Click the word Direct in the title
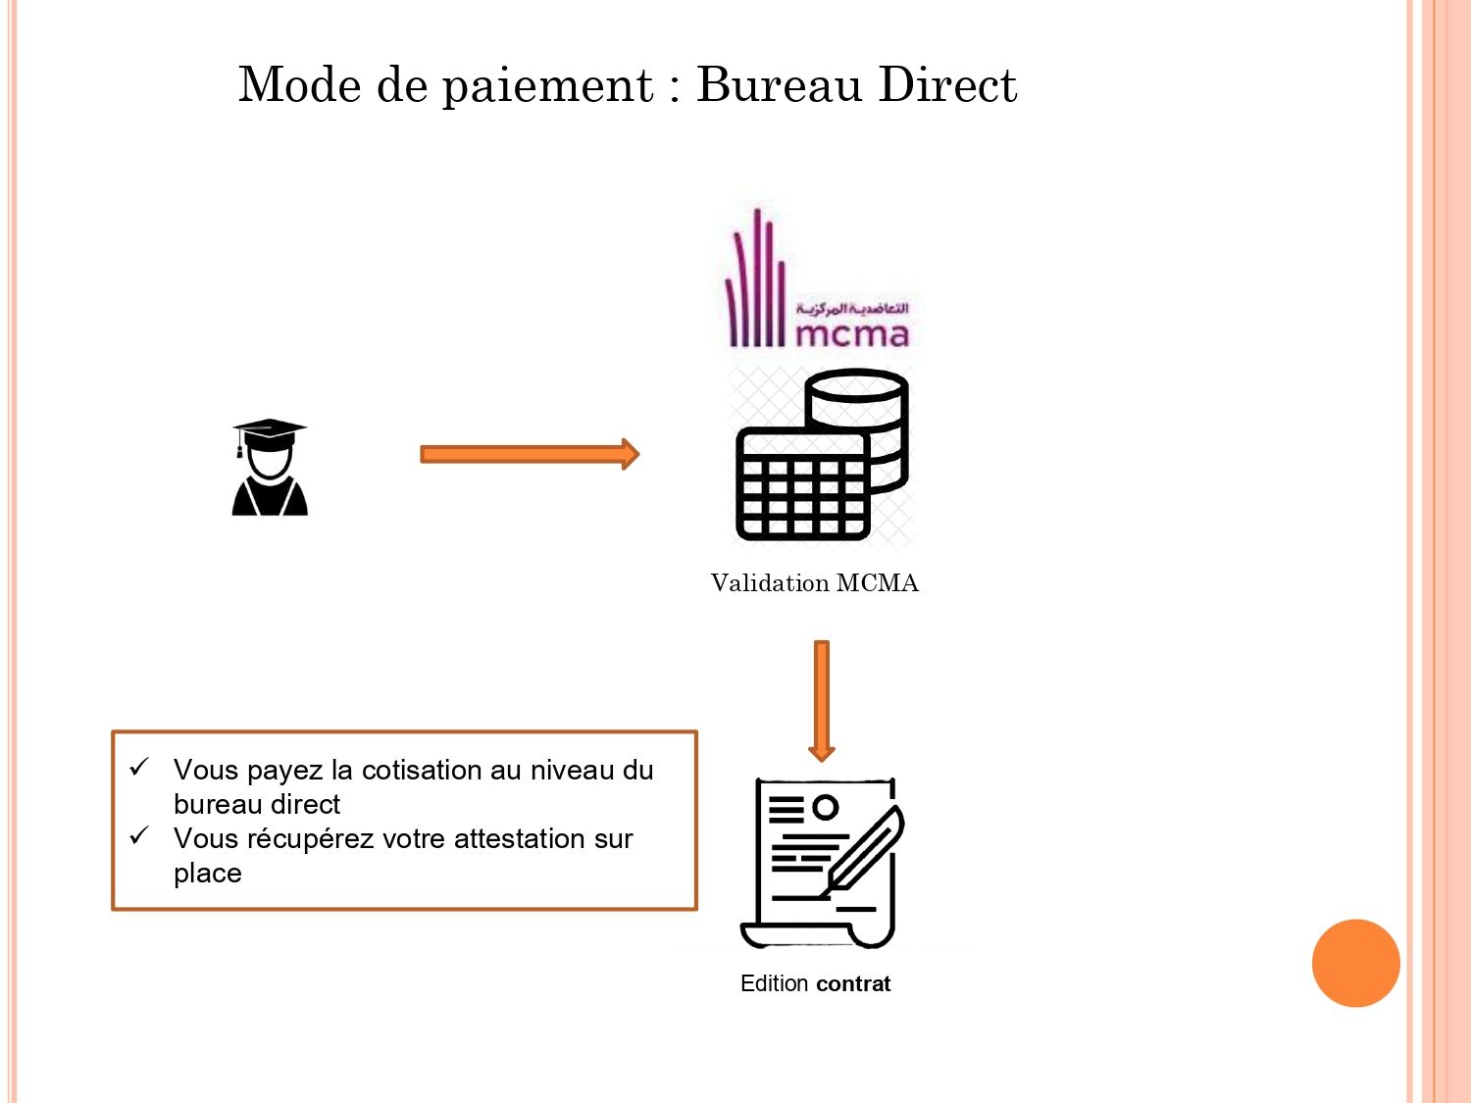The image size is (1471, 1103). pyautogui.click(x=947, y=85)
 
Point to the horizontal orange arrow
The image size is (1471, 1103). pyautogui.click(x=530, y=454)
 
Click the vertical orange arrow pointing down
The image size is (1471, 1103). pyautogui.click(x=822, y=700)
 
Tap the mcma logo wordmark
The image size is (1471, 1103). pyautogui.click(x=851, y=334)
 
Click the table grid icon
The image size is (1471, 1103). pyautogui.click(x=802, y=485)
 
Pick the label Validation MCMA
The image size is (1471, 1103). pyautogui.click(x=814, y=583)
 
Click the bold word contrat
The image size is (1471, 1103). pyautogui.click(x=853, y=983)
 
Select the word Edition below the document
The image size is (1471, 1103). pyautogui.click(x=774, y=983)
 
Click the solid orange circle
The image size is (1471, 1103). pyautogui.click(x=1355, y=963)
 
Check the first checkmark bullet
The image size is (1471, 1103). pyautogui.click(x=139, y=767)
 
